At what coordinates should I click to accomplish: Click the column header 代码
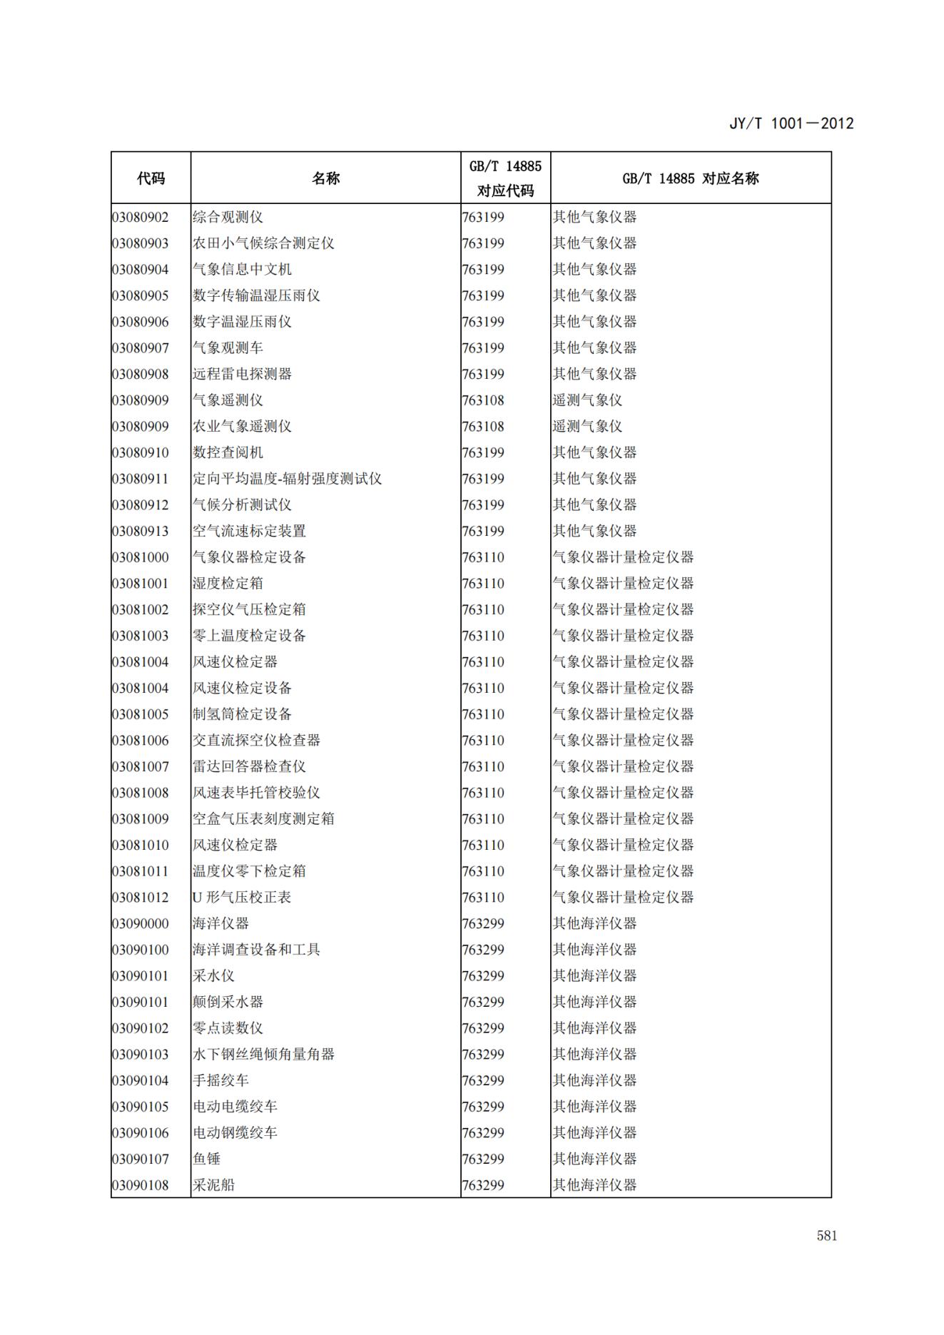(x=151, y=178)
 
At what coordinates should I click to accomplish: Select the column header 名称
(x=325, y=178)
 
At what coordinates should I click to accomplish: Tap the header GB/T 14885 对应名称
(x=690, y=178)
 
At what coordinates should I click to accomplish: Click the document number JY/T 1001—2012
(x=791, y=123)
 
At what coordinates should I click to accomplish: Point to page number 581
(x=826, y=1236)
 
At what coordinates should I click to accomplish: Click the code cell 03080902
(x=141, y=217)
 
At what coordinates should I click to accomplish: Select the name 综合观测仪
(x=228, y=217)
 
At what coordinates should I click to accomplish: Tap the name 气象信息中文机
(x=242, y=270)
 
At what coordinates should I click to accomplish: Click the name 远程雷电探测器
(x=242, y=374)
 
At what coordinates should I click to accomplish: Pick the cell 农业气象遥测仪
(x=242, y=427)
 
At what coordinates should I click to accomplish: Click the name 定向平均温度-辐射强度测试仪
(x=287, y=479)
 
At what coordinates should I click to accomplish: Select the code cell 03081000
(x=141, y=557)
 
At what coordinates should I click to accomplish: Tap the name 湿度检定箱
(x=228, y=584)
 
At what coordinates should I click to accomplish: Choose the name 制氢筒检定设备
(x=242, y=714)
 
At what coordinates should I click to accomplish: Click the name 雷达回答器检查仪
(x=249, y=766)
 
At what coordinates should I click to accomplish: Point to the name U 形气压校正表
(x=242, y=898)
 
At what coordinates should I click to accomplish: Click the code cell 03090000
(x=141, y=923)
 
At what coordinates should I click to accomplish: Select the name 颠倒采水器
(x=228, y=1002)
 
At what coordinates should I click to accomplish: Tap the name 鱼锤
(x=206, y=1159)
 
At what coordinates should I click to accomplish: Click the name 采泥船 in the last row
(x=213, y=1185)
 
